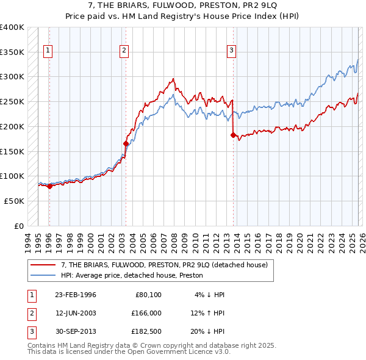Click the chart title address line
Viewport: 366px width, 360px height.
(182, 6)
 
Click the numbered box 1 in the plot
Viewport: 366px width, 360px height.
(48, 51)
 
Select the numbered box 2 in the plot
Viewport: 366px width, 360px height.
(124, 51)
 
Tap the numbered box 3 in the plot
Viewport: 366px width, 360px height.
(232, 51)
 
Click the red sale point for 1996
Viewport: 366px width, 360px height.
(49, 186)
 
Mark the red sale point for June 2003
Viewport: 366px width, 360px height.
(126, 144)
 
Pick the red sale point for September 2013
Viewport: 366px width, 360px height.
(233, 135)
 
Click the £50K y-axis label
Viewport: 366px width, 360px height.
(14, 201)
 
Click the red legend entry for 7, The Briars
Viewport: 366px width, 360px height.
(163, 265)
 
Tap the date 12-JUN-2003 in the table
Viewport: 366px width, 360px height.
(76, 313)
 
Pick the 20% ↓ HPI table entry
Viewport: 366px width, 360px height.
(209, 331)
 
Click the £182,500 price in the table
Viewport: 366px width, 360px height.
(146, 331)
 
